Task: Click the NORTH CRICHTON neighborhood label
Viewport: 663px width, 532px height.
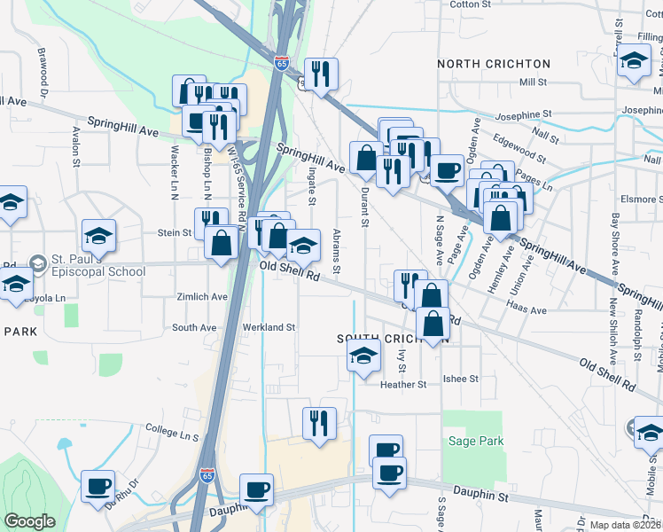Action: tap(494, 64)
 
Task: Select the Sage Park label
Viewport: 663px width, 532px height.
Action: tap(476, 441)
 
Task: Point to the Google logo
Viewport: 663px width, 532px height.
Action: tap(29, 521)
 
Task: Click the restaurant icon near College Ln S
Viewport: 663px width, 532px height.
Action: tap(318, 423)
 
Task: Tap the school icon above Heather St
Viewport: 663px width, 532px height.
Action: tap(363, 356)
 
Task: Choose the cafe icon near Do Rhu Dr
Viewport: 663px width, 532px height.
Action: tap(97, 485)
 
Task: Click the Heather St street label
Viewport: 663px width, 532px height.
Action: tap(403, 385)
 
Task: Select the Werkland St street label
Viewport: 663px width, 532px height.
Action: tap(269, 327)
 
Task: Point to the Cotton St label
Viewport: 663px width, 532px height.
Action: tap(470, 4)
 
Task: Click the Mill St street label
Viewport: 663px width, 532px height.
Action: tap(534, 82)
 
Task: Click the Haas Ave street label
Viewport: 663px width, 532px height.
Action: tap(526, 310)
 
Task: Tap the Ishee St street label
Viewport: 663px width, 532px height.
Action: tap(461, 379)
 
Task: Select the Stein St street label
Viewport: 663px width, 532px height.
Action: tap(175, 232)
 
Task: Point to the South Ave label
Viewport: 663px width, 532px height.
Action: tap(194, 327)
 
